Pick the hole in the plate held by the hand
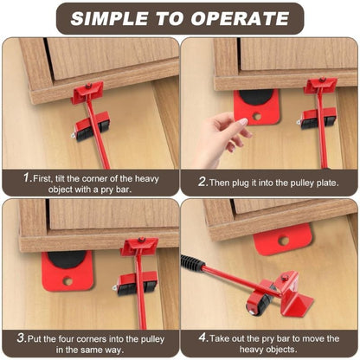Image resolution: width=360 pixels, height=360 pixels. [256, 116]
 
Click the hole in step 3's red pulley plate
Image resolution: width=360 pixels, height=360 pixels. [67, 280]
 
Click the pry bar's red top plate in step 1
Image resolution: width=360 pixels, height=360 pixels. [87, 91]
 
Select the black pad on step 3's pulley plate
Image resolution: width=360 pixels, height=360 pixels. [67, 260]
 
